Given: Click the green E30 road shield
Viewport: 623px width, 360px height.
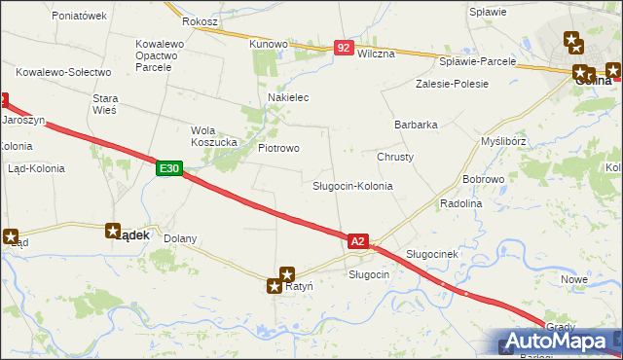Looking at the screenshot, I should (168, 169).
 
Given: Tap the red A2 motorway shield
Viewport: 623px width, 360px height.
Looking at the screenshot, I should (357, 240).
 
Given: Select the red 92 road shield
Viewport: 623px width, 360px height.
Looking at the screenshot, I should (343, 47).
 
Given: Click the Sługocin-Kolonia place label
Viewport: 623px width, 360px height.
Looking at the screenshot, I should (352, 186).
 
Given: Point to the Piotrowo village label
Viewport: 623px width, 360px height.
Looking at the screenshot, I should (278, 148).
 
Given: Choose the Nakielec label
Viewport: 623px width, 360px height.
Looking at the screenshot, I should (288, 98).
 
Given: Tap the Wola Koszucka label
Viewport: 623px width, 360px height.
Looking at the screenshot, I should (214, 136).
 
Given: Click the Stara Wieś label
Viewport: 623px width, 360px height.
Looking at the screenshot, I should (104, 104).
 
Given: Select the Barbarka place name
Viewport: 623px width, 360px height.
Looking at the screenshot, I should (416, 125).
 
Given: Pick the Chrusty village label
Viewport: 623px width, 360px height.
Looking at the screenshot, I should (395, 157).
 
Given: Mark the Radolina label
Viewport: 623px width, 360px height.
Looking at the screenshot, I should (461, 203).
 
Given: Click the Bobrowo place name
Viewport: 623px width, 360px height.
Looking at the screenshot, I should (483, 180).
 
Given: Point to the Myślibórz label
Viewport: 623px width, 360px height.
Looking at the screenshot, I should (504, 141).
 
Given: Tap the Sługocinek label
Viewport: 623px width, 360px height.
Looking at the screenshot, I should (431, 254).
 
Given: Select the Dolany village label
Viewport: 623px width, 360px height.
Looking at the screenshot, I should (180, 238).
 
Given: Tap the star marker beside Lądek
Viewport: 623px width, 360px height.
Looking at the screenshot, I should (113, 231).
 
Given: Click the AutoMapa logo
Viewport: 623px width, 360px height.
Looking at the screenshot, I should (562, 341).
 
